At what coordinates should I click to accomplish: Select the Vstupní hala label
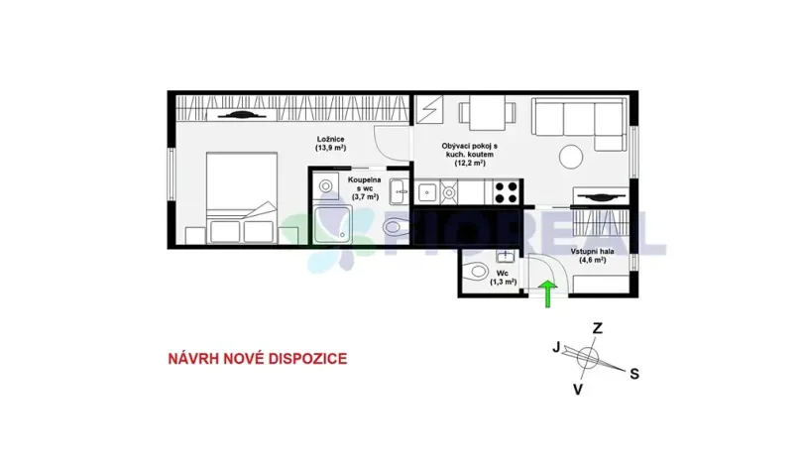(x=593, y=255)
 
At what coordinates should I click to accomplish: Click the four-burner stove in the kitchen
(x=507, y=188)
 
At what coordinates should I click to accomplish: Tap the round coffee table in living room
(x=572, y=157)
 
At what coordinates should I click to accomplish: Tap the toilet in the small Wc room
(x=476, y=271)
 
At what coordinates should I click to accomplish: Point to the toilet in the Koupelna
(x=394, y=228)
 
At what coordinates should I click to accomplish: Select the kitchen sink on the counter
(x=427, y=188)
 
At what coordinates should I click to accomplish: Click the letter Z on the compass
(x=597, y=328)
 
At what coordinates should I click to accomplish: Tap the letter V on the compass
(x=578, y=390)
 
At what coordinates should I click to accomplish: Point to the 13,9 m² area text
(x=330, y=148)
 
